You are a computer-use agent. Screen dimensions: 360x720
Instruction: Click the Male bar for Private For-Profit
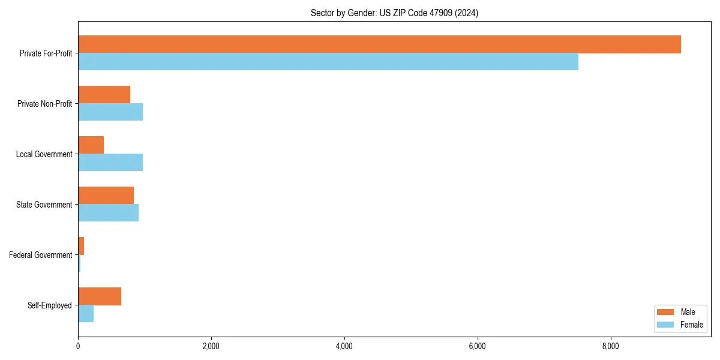pyautogui.click(x=379, y=44)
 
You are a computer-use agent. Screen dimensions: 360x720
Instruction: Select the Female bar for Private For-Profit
pyautogui.click(x=328, y=61)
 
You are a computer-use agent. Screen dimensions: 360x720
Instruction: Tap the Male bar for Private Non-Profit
pyautogui.click(x=104, y=95)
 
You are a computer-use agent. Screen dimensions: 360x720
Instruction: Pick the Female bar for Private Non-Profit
pyautogui.click(x=110, y=112)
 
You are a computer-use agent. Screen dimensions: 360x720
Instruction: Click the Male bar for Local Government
pyautogui.click(x=91, y=145)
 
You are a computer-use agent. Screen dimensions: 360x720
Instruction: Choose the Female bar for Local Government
pyautogui.click(x=110, y=162)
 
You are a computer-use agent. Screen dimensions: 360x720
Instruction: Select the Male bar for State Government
pyautogui.click(x=106, y=196)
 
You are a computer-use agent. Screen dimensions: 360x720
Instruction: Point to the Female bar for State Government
pyautogui.click(x=108, y=212)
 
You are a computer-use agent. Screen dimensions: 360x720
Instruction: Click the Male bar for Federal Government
pyautogui.click(x=81, y=246)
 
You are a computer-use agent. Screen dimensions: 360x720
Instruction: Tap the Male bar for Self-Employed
pyautogui.click(x=100, y=296)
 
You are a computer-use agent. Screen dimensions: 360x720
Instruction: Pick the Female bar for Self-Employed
pyautogui.click(x=86, y=313)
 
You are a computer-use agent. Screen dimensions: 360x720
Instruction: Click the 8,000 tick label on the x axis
pyautogui.click(x=610, y=346)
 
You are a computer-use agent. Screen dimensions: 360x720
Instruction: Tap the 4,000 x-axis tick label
pyautogui.click(x=344, y=346)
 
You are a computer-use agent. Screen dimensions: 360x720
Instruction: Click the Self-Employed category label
pyautogui.click(x=50, y=305)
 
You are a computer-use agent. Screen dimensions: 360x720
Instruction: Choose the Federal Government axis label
pyautogui.click(x=41, y=255)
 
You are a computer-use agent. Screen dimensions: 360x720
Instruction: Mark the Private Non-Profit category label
pyautogui.click(x=44, y=104)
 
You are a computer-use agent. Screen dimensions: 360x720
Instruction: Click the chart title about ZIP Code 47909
pyautogui.click(x=394, y=13)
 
